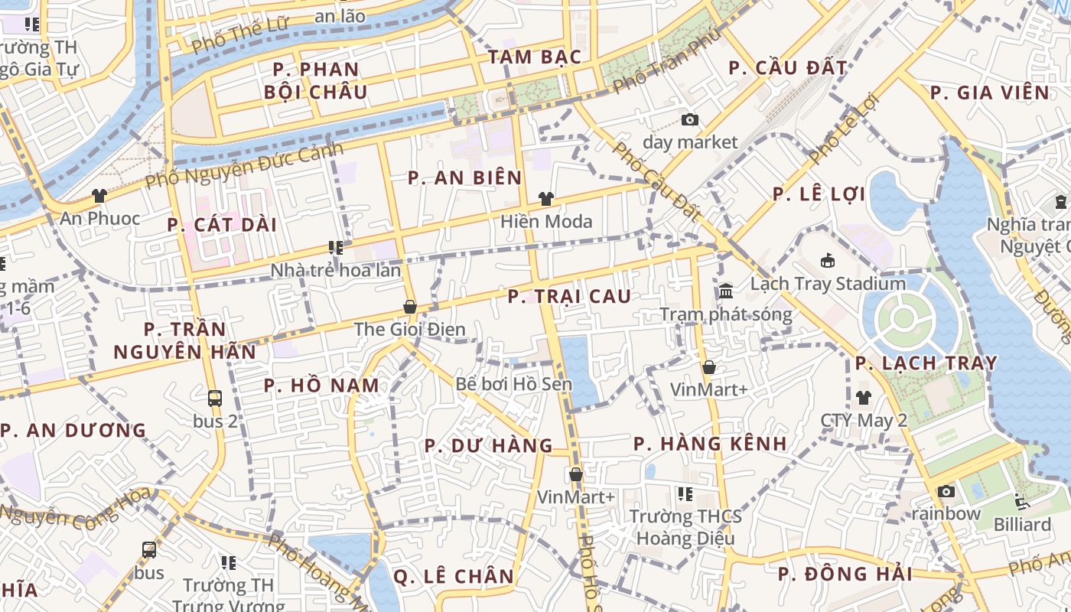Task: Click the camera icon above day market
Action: pyautogui.click(x=690, y=119)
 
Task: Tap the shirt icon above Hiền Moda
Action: pyautogui.click(x=545, y=199)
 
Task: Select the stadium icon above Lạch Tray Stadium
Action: pyautogui.click(x=827, y=261)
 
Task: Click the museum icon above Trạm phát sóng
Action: pyautogui.click(x=726, y=291)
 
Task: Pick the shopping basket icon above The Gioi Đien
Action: pyautogui.click(x=410, y=307)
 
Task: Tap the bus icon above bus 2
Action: pyautogui.click(x=215, y=398)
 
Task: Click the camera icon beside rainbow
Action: pyautogui.click(x=946, y=491)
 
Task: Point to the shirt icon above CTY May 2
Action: pyautogui.click(x=864, y=398)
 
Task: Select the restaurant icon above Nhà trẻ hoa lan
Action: pyautogui.click(x=335, y=247)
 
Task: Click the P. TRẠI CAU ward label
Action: pyautogui.click(x=570, y=296)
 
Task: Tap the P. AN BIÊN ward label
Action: pyautogui.click(x=464, y=178)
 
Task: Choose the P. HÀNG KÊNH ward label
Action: pyautogui.click(x=710, y=444)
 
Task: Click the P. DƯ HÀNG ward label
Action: pyautogui.click(x=488, y=445)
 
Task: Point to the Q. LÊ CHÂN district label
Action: pyautogui.click(x=454, y=576)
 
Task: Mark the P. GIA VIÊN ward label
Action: pyautogui.click(x=990, y=93)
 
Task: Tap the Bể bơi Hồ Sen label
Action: pyautogui.click(x=513, y=384)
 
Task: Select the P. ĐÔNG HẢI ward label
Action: pyautogui.click(x=845, y=574)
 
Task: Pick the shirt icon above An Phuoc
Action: pyautogui.click(x=99, y=196)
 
